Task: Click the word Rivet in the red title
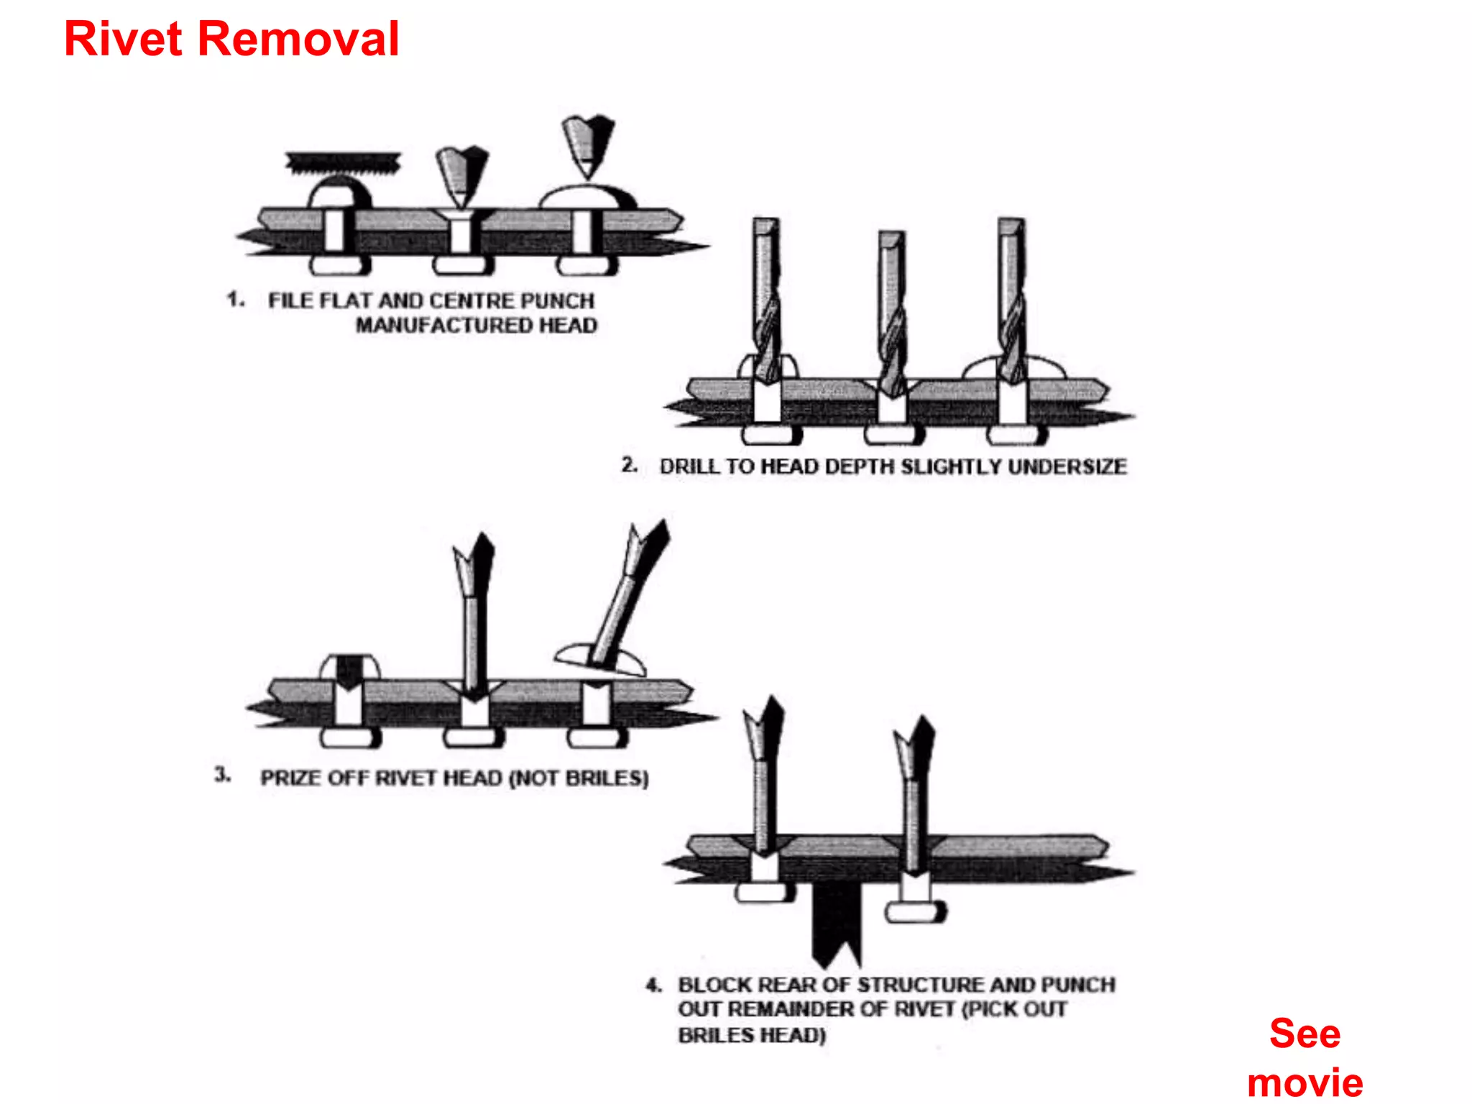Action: point(123,39)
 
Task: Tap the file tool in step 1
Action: point(343,163)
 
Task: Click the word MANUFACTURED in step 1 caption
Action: point(445,326)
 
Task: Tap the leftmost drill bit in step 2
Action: point(766,302)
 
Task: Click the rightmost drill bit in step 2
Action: point(1012,302)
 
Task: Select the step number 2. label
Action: point(630,465)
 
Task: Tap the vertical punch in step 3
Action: point(474,611)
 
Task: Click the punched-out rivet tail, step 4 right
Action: point(915,912)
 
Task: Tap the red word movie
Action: point(1305,1082)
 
